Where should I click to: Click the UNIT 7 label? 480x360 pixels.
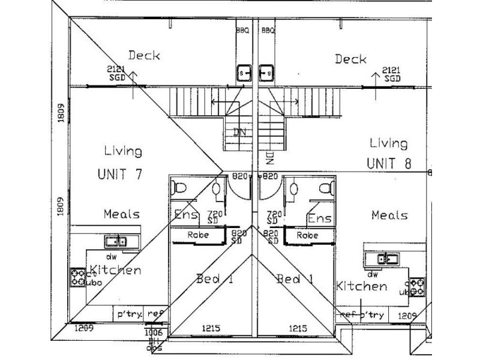(x=120, y=175)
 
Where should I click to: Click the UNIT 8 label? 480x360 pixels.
(x=389, y=163)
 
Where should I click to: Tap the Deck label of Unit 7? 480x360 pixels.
(x=144, y=56)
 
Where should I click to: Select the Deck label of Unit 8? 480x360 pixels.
(x=350, y=59)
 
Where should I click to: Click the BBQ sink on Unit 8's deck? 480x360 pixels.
(x=266, y=73)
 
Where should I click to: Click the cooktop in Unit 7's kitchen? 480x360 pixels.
(x=77, y=277)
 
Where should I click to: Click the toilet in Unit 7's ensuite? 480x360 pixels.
(x=178, y=188)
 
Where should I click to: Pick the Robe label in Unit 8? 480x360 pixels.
(x=308, y=235)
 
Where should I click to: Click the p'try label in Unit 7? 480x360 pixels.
(x=128, y=313)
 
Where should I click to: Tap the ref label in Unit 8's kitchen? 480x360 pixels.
(x=347, y=314)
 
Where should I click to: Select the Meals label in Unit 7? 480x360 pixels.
(x=121, y=214)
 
